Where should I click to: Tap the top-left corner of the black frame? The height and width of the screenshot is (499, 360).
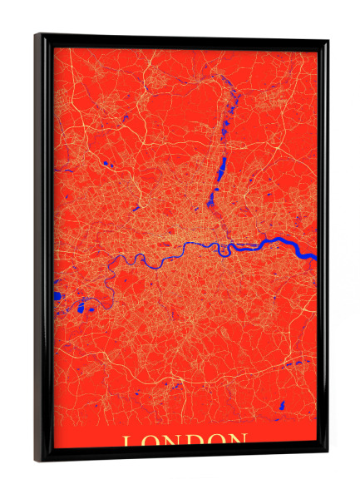tap(36, 34)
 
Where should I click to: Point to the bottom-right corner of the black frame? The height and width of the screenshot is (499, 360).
tap(327, 454)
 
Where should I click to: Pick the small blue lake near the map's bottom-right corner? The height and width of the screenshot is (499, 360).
tap(282, 405)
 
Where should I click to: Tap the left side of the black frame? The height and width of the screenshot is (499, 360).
tap(42, 249)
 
